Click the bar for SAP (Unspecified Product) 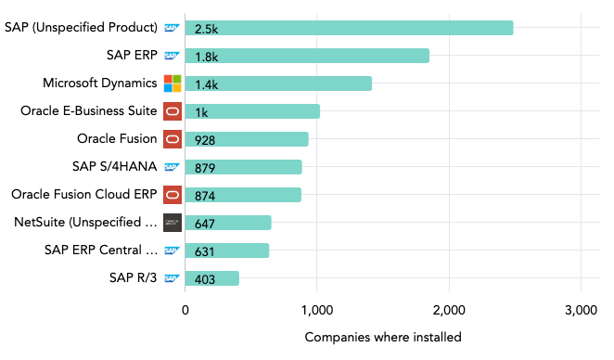click(349, 28)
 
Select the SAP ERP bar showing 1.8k click(306, 56)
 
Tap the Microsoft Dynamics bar click(278, 84)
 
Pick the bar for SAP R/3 click(211, 278)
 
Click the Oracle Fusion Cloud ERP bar click(243, 195)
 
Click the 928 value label click(203, 139)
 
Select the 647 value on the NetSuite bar click(203, 223)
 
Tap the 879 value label click(203, 167)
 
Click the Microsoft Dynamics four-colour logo click(173, 84)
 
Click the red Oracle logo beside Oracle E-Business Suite click(173, 111)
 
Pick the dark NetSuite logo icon click(173, 223)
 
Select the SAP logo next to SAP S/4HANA click(172, 167)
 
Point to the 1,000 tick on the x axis click(317, 310)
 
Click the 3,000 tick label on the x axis click(580, 310)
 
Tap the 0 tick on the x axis click(185, 310)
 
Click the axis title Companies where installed click(382, 337)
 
